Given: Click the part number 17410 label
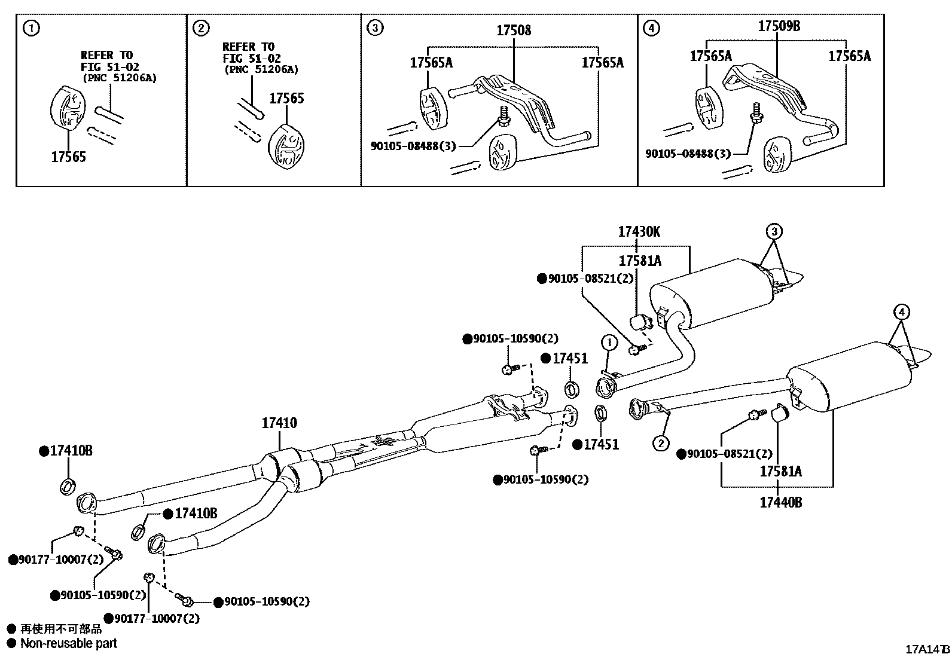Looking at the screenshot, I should pyautogui.click(x=279, y=423).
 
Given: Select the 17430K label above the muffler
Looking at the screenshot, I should pyautogui.click(x=639, y=232).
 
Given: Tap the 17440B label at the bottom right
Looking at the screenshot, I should pyautogui.click(x=780, y=502).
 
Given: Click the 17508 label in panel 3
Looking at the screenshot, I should pyautogui.click(x=513, y=30).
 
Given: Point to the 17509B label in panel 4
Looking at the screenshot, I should pyautogui.click(x=779, y=26).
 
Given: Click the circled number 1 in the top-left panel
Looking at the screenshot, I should pyautogui.click(x=32, y=27).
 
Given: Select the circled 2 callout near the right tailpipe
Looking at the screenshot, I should pyautogui.click(x=661, y=443).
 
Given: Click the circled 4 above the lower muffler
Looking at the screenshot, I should pyautogui.click(x=902, y=311).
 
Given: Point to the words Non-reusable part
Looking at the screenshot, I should pyautogui.click(x=68, y=643).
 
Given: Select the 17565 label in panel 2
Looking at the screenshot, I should pyautogui.click(x=286, y=99).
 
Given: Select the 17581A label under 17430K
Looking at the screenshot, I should pyautogui.click(x=640, y=261).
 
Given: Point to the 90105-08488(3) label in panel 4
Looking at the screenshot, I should pyautogui.click(x=688, y=154).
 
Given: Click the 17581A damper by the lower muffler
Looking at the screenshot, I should pyautogui.click(x=779, y=413).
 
